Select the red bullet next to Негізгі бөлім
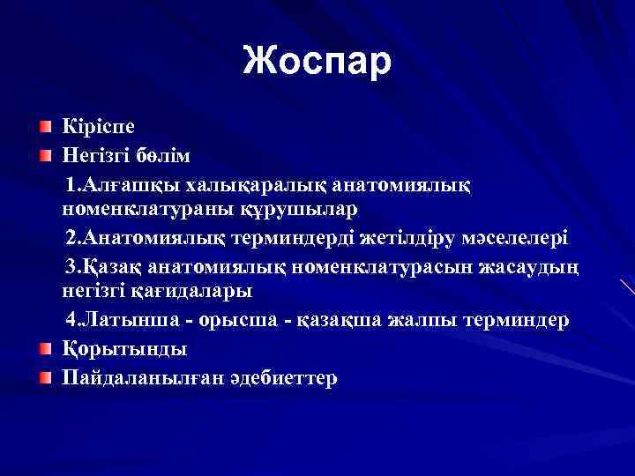(44, 156)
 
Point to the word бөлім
(163, 156)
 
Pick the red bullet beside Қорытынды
(44, 348)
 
